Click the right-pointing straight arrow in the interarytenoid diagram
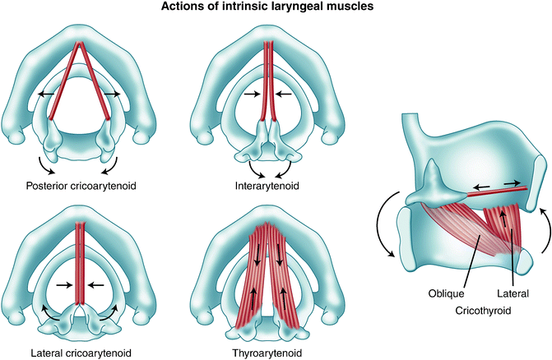tap(249, 95)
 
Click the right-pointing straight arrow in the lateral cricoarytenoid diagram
tap(61, 285)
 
